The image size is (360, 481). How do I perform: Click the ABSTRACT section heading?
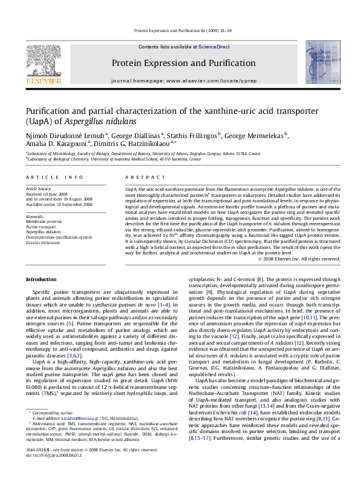click(141, 176)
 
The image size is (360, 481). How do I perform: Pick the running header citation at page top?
click(179, 29)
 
